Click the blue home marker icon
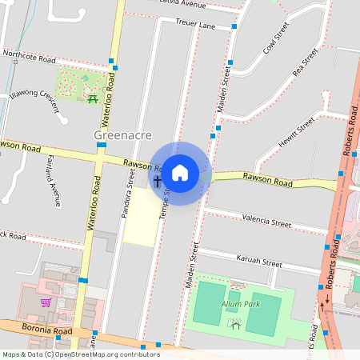tap(180, 173)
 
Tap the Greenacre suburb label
tap(123, 134)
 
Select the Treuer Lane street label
tap(195, 26)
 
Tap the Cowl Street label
tap(275, 39)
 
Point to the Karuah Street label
tap(259, 262)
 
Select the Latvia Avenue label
tap(183, 4)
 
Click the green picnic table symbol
tap(92, 98)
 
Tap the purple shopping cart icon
tap(46, 302)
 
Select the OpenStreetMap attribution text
tap(81, 354)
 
